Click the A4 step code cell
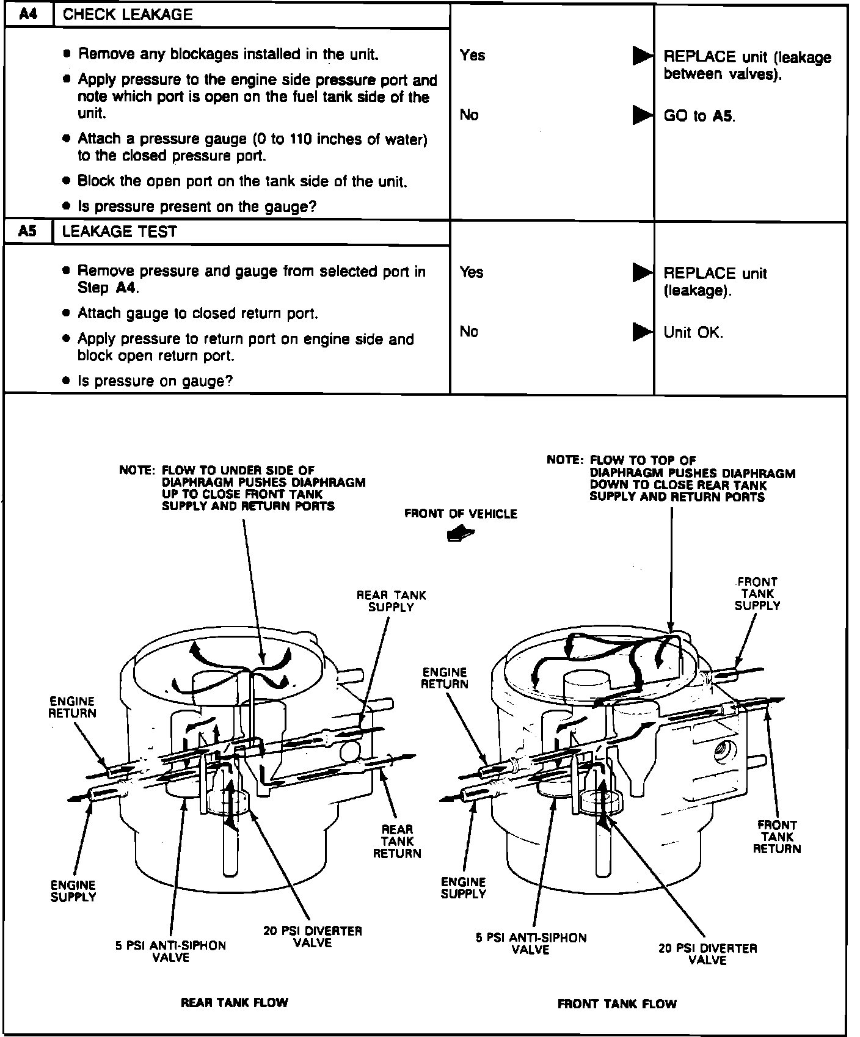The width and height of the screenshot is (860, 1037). coord(29,15)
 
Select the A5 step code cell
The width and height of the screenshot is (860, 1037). coord(27,231)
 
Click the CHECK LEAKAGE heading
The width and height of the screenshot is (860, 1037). coord(128,15)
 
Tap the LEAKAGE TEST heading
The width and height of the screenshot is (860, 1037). coord(120,231)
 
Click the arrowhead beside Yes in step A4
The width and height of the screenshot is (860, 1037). coord(642,56)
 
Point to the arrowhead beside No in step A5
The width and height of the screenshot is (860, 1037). coord(642,332)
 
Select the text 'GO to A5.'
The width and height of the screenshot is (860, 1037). coord(699,116)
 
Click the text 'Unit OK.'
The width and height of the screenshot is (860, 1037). coord(693,332)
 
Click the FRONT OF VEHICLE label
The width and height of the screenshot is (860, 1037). coord(461,514)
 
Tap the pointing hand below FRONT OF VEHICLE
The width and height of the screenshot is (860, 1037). coord(461,534)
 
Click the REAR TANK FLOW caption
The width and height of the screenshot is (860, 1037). coord(234,1002)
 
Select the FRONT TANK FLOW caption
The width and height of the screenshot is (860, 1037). coord(617,1003)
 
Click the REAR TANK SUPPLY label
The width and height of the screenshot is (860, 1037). coord(392,601)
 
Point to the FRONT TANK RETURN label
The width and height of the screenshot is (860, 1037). coord(776,837)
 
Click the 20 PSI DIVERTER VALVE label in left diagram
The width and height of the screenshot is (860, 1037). coord(313,937)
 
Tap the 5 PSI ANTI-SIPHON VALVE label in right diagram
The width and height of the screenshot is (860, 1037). coord(531,944)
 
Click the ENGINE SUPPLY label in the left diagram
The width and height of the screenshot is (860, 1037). coord(73,890)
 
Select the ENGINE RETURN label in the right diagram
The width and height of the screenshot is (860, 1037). coord(445,678)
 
